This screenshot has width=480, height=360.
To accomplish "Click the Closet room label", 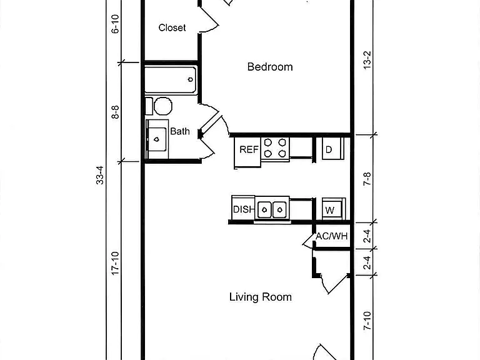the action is click(172, 27).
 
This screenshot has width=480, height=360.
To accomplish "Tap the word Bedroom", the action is click(270, 67).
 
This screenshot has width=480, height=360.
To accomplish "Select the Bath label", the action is click(180, 131).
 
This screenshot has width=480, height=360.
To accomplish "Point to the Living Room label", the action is click(261, 297).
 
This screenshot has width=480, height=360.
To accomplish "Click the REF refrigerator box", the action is click(247, 152).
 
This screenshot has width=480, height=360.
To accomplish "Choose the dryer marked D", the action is click(333, 149).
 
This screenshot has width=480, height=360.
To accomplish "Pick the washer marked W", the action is click(333, 209).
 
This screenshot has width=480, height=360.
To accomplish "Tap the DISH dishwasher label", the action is click(244, 209).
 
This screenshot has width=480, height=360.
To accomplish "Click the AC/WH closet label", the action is click(332, 236).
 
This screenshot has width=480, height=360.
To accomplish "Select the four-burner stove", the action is click(275, 148).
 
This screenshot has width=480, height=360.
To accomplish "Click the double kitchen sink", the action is click(272, 209).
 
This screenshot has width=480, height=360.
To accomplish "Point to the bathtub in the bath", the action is click(171, 80).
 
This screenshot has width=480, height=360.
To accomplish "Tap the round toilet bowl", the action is click(163, 106).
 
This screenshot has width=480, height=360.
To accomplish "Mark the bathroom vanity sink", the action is click(157, 139).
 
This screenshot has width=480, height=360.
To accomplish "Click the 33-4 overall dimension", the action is click(100, 175).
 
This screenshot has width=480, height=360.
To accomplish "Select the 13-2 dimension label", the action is click(367, 60).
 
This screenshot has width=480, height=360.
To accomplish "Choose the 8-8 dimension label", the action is click(115, 112).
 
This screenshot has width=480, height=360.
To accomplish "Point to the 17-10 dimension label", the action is click(115, 263).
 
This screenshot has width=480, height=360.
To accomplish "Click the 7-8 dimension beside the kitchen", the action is click(367, 179).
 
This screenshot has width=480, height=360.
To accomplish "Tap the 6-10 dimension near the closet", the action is click(115, 24).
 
